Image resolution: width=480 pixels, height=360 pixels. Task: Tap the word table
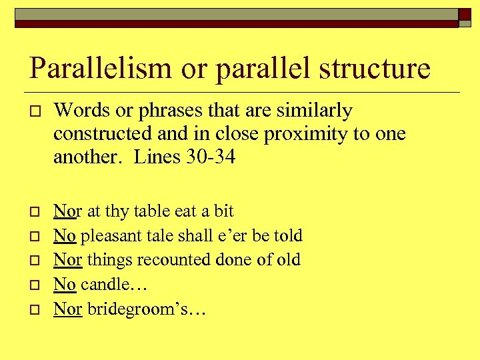pos(151,211)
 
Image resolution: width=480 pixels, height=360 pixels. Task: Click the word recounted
pos(158,259)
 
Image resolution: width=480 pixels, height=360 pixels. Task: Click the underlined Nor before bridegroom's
pos(67,309)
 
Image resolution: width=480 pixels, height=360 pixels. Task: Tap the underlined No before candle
pos(64,284)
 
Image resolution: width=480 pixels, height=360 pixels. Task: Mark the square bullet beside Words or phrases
pos(34,111)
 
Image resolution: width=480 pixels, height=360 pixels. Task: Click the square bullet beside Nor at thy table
pos(34,212)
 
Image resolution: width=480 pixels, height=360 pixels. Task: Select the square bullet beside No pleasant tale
pos(34,236)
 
